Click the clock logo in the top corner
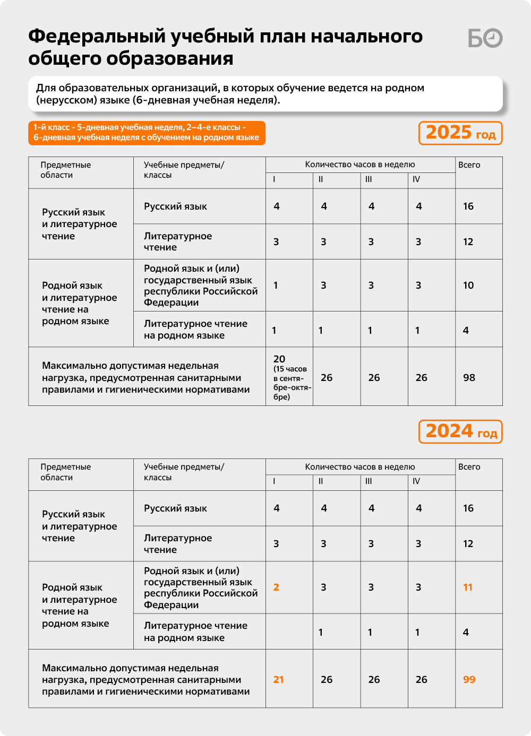(x=485, y=38)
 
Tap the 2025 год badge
(x=460, y=133)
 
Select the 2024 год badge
(x=460, y=431)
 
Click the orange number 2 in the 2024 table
(x=276, y=587)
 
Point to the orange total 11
(x=468, y=587)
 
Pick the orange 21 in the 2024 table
(x=279, y=680)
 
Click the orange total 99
(x=469, y=680)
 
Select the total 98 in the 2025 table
(x=469, y=378)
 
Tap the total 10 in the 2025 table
(x=468, y=285)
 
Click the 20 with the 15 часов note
(x=279, y=359)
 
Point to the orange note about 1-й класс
(x=147, y=133)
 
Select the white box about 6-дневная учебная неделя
(x=265, y=94)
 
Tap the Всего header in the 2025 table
(x=469, y=165)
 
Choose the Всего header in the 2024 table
(x=469, y=467)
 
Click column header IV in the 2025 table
(x=416, y=179)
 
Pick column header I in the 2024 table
(x=274, y=481)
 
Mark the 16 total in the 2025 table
(x=468, y=206)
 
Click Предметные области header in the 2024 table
(x=66, y=472)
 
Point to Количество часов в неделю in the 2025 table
(x=360, y=164)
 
